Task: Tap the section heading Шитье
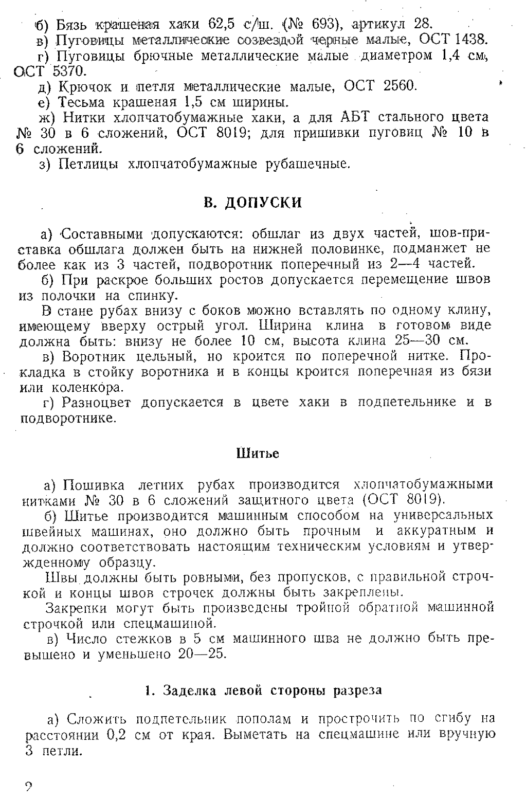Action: pyautogui.click(x=258, y=453)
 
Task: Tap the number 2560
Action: pyautogui.click(x=399, y=86)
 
